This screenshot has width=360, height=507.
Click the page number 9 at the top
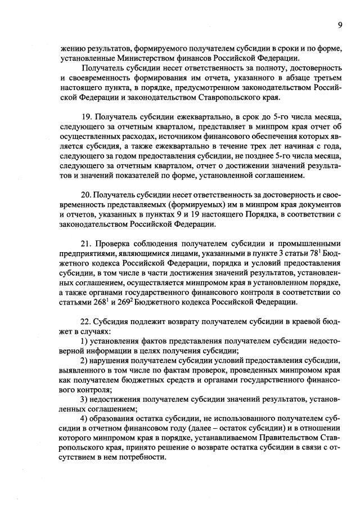point(340,24)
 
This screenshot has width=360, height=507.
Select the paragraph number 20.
point(85,194)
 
